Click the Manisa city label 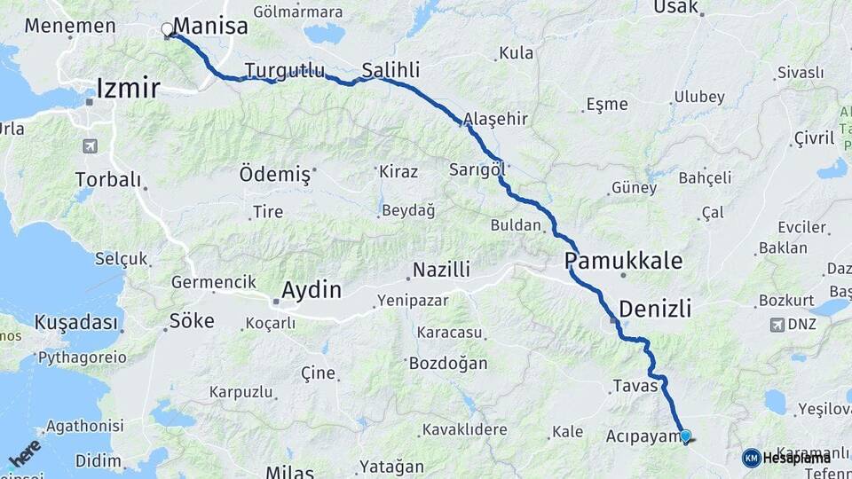click(212, 26)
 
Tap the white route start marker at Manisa click(167, 29)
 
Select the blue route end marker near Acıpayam click(685, 436)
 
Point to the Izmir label click(128, 88)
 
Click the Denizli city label click(654, 309)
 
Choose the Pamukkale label click(624, 261)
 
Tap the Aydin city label click(311, 289)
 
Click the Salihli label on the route click(391, 70)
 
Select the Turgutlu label click(285, 70)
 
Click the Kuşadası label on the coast click(76, 322)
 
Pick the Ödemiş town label click(275, 175)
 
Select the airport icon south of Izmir click(89, 145)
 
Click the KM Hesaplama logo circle click(751, 458)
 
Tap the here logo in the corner click(24, 452)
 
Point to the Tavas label click(635, 386)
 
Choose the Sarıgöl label click(477, 169)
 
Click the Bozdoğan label click(448, 363)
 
